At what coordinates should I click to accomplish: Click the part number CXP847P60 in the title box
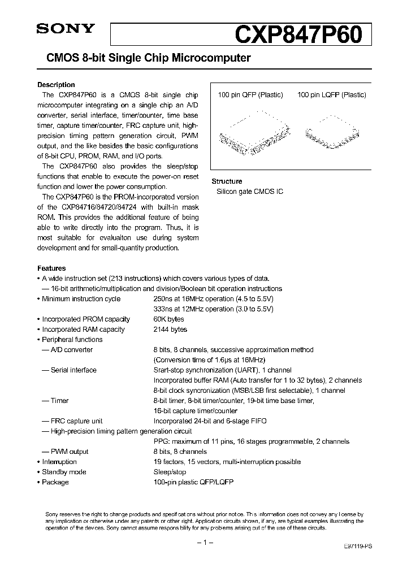pyautogui.click(x=297, y=34)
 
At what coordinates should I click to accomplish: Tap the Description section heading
pyautogui.click(x=56, y=85)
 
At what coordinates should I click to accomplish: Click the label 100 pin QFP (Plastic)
pyautogui.click(x=250, y=95)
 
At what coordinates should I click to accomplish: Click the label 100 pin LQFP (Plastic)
pyautogui.click(x=331, y=95)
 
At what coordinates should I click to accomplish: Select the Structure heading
pyautogui.click(x=227, y=181)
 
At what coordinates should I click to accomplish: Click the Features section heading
pyautogui.click(x=51, y=268)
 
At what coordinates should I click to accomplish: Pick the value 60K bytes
pyautogui.click(x=168, y=319)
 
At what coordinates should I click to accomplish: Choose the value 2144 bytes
pyautogui.click(x=170, y=330)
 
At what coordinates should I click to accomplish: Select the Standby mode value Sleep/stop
pyautogui.click(x=170, y=472)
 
